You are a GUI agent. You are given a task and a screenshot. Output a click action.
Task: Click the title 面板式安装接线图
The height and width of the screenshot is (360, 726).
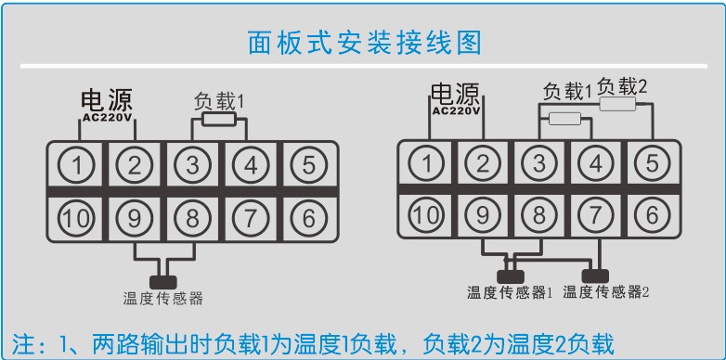364,43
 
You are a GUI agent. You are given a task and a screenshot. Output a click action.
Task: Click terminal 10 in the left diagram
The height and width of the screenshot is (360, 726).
79,218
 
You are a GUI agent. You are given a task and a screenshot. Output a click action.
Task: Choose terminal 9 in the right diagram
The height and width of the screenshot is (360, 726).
483,214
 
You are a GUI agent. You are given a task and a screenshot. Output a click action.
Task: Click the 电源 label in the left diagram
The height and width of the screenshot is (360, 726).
107,100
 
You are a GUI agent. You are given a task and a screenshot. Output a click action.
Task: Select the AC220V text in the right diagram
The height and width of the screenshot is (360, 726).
456,111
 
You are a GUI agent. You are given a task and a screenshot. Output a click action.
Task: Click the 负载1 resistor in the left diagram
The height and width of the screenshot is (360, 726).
220,120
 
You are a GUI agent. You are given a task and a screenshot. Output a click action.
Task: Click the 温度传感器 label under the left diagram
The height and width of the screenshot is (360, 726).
162,299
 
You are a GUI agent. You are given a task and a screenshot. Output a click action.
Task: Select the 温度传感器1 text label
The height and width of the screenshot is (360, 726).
510,293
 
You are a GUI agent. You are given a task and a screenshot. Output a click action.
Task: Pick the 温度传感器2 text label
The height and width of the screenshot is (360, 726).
605,293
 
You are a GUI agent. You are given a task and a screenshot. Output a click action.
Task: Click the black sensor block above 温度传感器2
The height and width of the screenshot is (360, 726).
594,276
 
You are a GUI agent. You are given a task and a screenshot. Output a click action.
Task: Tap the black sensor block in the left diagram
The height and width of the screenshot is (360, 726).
164,279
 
